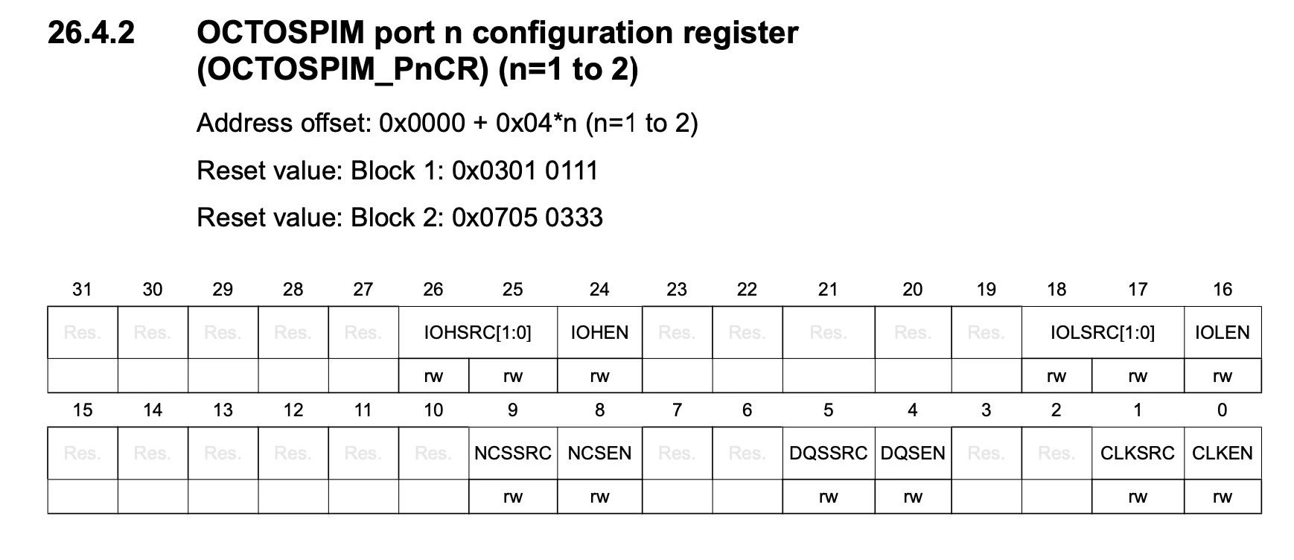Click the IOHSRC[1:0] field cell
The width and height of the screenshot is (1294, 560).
pyautogui.click(x=478, y=333)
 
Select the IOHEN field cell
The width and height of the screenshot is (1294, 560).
pyautogui.click(x=599, y=333)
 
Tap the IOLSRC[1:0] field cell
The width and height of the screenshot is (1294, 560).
pyautogui.click(x=1103, y=333)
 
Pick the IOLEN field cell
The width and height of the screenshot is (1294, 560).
pyautogui.click(x=1223, y=333)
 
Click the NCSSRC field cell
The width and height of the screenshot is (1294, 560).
pyautogui.click(x=513, y=454)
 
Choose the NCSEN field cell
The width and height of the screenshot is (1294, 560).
pyautogui.click(x=599, y=454)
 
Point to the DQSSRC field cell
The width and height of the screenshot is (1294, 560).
pyautogui.click(x=829, y=454)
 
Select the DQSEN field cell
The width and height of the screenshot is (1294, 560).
pyautogui.click(x=913, y=454)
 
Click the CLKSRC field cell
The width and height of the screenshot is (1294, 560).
pyautogui.click(x=1138, y=454)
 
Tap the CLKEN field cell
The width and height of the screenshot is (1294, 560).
pyautogui.click(x=1223, y=454)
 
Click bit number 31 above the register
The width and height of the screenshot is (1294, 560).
pyautogui.click(x=82, y=290)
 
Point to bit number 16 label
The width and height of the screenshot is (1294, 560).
pyautogui.click(x=1223, y=290)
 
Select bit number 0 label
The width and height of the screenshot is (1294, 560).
pyautogui.click(x=1222, y=410)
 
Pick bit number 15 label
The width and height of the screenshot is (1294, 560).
pyautogui.click(x=82, y=410)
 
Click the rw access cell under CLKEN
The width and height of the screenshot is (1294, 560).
pyautogui.click(x=1223, y=497)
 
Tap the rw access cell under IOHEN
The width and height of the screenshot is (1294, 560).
pyautogui.click(x=599, y=376)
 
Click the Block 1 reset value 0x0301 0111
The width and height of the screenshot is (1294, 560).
pyautogui.click(x=525, y=171)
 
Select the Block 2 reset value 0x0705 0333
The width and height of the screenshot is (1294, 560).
pyautogui.click(x=527, y=218)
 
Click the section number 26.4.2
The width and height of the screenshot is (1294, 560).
pyautogui.click(x=92, y=33)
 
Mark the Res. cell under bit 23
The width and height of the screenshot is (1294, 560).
pyautogui.click(x=677, y=333)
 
